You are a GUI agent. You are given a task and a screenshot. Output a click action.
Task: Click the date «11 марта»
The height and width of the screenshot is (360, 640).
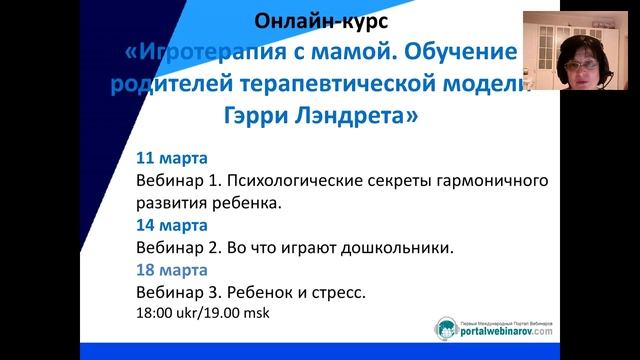171,159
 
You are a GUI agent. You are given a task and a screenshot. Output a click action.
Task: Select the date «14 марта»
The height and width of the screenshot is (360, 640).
171,225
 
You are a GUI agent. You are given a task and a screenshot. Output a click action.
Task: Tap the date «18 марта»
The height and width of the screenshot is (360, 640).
171,270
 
